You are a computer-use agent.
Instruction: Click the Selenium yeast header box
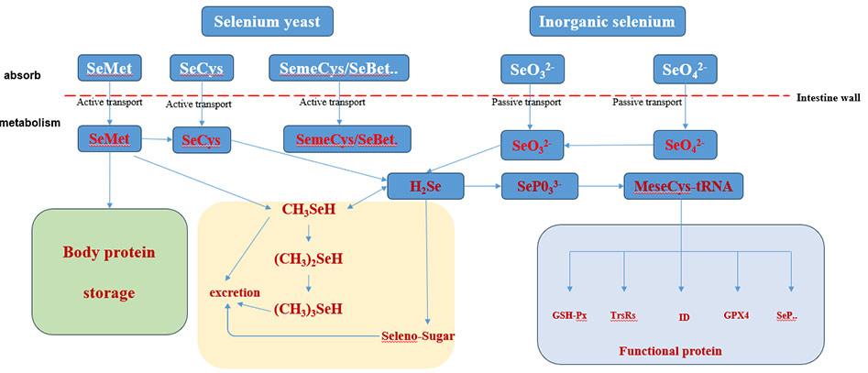[x=267, y=21]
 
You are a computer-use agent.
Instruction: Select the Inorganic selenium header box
[x=602, y=21]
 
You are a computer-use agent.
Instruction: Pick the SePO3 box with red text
[x=541, y=188]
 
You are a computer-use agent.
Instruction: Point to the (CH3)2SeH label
[x=308, y=260]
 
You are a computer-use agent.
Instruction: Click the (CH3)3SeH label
[x=308, y=309]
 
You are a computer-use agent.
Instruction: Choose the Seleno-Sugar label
[x=418, y=335]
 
